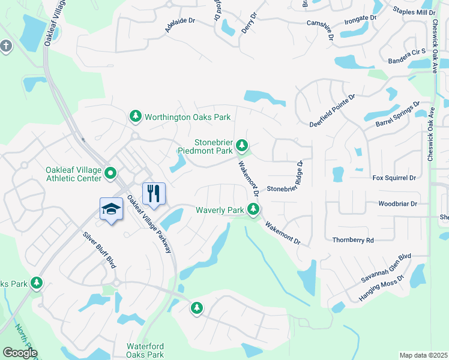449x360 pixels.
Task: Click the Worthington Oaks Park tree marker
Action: [x=136, y=116]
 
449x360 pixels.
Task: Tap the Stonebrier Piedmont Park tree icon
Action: [x=242, y=145]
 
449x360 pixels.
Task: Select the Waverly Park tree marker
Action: [x=254, y=209]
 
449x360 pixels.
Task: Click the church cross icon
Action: [x=6, y=46]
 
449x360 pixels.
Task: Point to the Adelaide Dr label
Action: [x=180, y=25]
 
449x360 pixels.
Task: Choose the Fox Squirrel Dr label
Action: [x=394, y=178]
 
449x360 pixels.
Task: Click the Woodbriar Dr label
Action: [x=397, y=204]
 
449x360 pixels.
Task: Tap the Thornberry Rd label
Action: [x=353, y=240]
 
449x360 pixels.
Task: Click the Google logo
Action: [x=20, y=353]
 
